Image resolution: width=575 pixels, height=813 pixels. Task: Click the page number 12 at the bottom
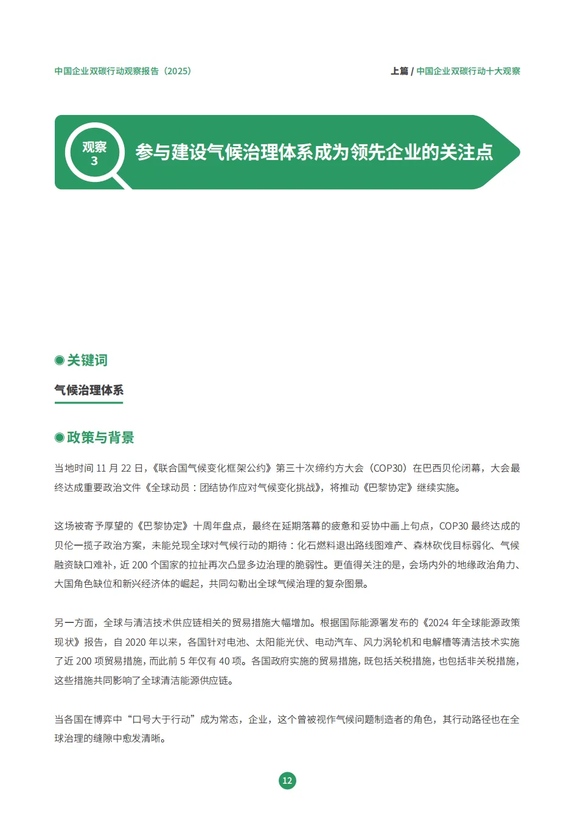coord(287,781)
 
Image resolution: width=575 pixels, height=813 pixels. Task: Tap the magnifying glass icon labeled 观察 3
coord(95,154)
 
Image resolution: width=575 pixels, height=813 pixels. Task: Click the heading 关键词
coord(87,360)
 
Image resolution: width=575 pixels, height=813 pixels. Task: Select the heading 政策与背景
coord(100,438)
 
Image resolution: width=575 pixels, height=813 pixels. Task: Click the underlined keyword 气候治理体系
coord(89,390)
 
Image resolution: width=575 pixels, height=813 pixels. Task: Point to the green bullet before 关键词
coord(60,360)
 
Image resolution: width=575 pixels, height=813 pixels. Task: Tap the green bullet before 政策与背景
coord(60,438)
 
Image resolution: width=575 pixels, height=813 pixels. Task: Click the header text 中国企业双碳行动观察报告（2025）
coord(123,71)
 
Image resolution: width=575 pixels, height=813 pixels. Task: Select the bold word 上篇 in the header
coord(399,71)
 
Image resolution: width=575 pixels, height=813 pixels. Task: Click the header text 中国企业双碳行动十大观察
coord(468,71)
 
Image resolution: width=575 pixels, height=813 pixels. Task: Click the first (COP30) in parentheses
coord(388,468)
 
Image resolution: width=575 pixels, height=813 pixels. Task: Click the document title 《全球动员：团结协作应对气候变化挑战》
coord(234,487)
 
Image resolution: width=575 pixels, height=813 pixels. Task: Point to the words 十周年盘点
coord(218,526)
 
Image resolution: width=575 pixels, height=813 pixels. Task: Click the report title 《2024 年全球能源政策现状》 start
coord(469,623)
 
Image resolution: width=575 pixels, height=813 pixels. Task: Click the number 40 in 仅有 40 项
coord(224,661)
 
